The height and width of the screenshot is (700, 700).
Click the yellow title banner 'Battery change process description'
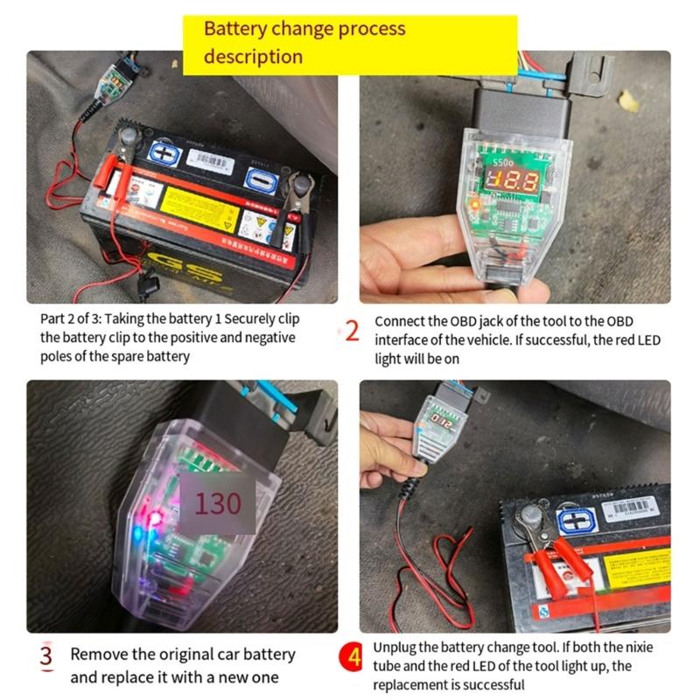(350, 42)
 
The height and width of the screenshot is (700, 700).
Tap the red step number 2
(353, 332)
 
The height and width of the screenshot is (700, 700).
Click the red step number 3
(47, 655)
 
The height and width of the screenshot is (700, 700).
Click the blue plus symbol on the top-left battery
(164, 154)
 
